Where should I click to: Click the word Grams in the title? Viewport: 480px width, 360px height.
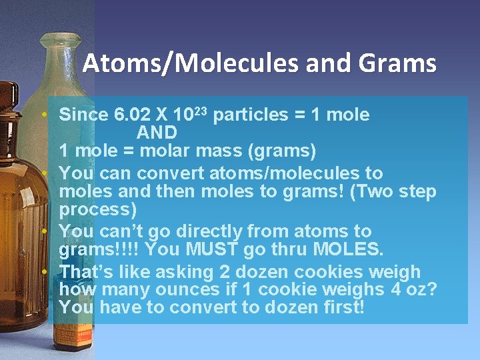pyautogui.click(x=397, y=64)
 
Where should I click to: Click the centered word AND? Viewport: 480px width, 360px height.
pyautogui.click(x=157, y=133)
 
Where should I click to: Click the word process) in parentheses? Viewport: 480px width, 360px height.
pyautogui.click(x=98, y=210)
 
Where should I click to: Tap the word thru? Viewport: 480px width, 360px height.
pyautogui.click(x=287, y=251)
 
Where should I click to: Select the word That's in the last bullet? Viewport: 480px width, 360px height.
pyautogui.click(x=88, y=272)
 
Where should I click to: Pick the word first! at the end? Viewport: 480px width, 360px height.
pyautogui.click(x=341, y=308)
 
